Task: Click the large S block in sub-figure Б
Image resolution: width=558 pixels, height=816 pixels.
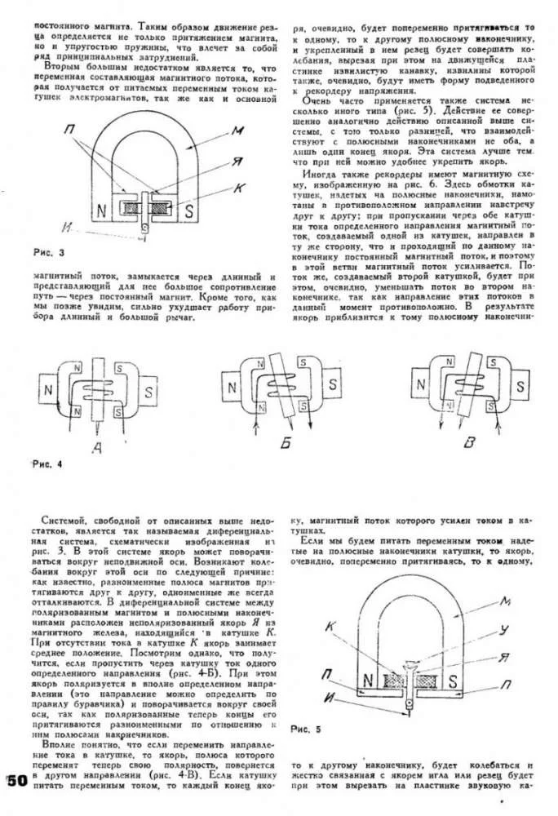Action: pyautogui.click(x=335, y=381)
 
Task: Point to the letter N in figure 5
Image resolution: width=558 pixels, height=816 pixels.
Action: pyautogui.click(x=369, y=679)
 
